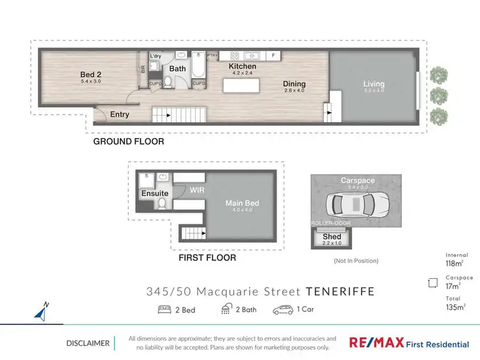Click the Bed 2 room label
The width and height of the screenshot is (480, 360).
91,74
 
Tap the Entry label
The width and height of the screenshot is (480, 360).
120,114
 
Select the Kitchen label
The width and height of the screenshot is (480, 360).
243,67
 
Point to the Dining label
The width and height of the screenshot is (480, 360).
295,84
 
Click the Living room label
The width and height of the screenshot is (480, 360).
374,84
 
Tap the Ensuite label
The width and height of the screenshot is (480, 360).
155,193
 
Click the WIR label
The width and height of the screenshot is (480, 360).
197,189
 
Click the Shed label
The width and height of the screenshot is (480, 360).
332,237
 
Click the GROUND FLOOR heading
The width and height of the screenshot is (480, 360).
129,141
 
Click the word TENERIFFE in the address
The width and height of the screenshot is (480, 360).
340,292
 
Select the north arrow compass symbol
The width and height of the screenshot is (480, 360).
42,313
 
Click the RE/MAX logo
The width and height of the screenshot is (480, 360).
376,343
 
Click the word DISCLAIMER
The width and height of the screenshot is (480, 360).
88,343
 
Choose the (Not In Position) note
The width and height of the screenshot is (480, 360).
356,261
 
